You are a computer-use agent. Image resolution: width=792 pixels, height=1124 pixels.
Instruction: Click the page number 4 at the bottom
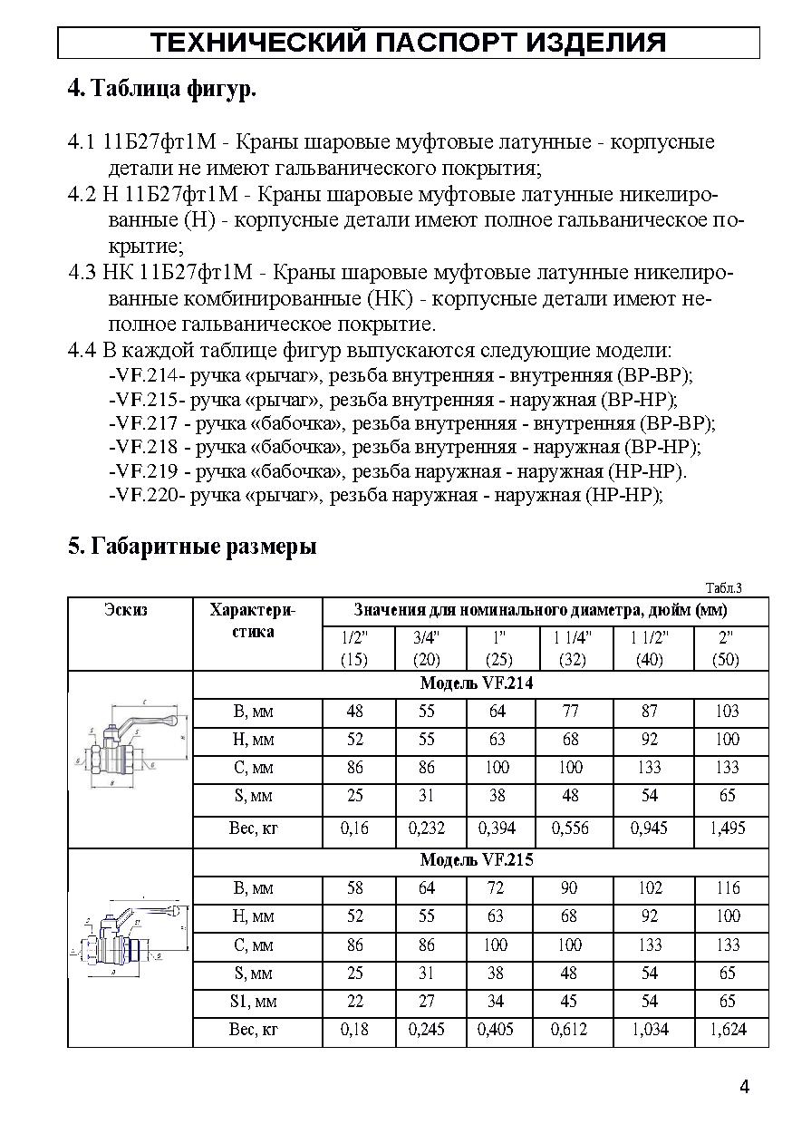pyautogui.click(x=744, y=1088)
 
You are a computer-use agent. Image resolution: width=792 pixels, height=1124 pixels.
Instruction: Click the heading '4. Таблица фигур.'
pyautogui.click(x=162, y=89)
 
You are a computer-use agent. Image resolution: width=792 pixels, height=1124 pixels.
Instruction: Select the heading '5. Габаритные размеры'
pyautogui.click(x=192, y=547)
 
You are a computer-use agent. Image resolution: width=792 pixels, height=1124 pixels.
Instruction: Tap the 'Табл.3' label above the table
pyautogui.click(x=723, y=586)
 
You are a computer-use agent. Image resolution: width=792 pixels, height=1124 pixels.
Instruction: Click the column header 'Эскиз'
pyautogui.click(x=126, y=610)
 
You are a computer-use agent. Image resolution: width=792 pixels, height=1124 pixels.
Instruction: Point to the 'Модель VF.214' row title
pyautogui.click(x=477, y=684)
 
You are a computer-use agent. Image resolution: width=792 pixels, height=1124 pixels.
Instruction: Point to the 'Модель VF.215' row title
pyautogui.click(x=477, y=860)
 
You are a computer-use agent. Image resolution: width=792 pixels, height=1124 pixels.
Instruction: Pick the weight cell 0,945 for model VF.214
pyautogui.click(x=650, y=828)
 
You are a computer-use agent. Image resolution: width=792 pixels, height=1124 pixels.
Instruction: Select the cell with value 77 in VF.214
pyautogui.click(x=571, y=712)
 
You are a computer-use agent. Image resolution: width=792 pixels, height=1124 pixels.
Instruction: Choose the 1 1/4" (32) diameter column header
pyautogui.click(x=572, y=648)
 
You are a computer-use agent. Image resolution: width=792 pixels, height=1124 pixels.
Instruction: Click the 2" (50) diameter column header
pyautogui.click(x=726, y=648)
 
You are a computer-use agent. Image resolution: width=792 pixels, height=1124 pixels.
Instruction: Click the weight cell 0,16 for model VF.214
pyautogui.click(x=354, y=828)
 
